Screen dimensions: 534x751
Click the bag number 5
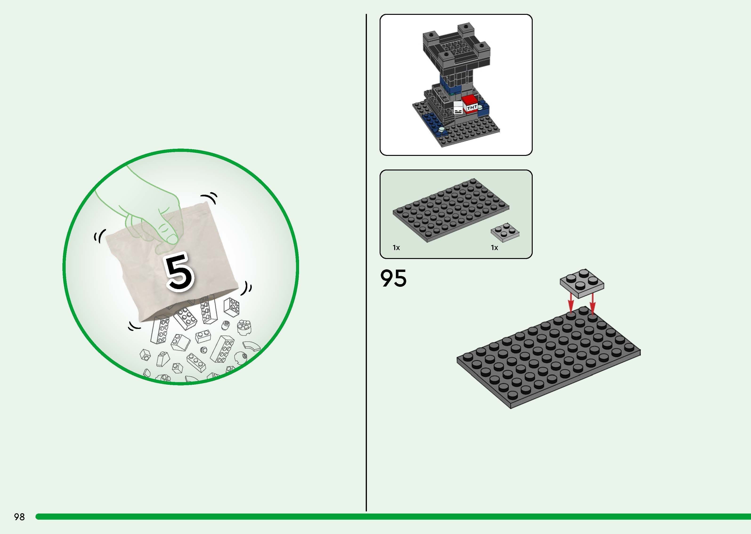click(x=179, y=272)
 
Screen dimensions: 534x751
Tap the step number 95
click(x=393, y=279)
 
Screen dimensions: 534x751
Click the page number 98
click(x=19, y=517)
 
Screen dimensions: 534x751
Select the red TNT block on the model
click(x=470, y=104)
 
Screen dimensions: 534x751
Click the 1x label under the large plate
click(x=396, y=248)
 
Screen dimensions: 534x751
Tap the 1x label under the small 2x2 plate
click(x=494, y=248)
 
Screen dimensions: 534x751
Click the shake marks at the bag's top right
click(x=211, y=198)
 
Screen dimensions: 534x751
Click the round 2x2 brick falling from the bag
click(x=244, y=327)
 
